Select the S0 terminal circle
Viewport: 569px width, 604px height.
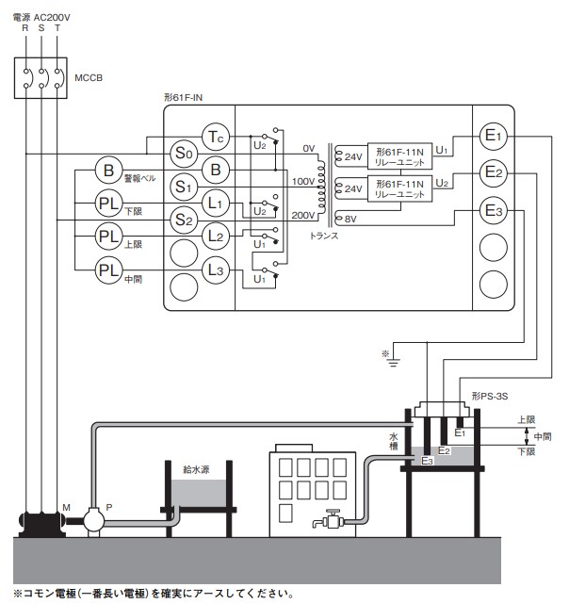(183, 153)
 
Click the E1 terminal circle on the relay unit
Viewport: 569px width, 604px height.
(494, 138)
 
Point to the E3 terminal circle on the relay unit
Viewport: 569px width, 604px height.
(494, 210)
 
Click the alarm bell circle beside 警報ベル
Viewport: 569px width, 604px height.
(109, 171)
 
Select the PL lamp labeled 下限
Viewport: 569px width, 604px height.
(109, 203)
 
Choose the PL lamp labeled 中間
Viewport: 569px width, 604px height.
(109, 270)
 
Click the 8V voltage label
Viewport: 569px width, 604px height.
(351, 219)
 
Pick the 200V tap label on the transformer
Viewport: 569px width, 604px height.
(302, 216)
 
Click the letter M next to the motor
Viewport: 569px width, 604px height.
(66, 508)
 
